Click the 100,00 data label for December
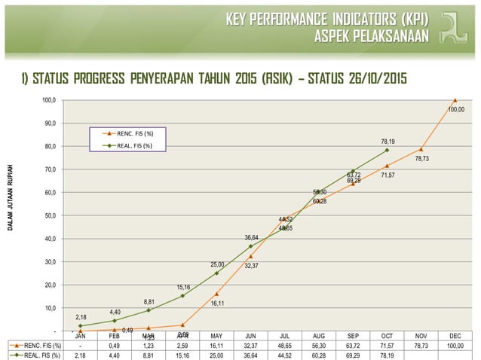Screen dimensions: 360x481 456,109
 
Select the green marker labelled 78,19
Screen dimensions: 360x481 387,150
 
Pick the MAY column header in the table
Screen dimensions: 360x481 216,336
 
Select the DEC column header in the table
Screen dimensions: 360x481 455,336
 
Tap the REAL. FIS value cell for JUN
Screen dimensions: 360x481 250,355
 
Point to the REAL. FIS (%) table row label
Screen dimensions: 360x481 36,355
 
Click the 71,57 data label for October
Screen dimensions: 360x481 388,175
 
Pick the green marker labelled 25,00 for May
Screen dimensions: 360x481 216,273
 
